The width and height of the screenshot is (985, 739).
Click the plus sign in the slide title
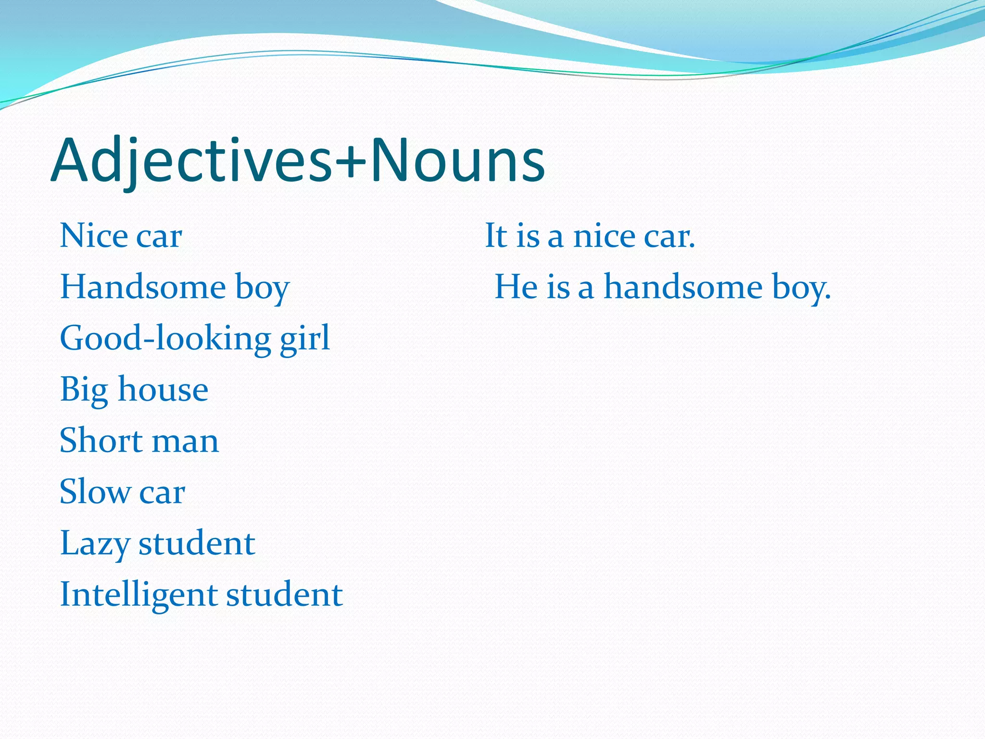[351, 161]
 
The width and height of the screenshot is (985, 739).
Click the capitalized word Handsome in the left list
[143, 287]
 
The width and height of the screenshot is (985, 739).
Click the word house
[163, 389]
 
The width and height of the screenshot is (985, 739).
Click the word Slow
[95, 492]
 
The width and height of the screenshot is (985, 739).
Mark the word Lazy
[95, 544]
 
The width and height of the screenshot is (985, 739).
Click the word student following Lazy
[197, 543]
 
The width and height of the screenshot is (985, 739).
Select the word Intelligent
[138, 595]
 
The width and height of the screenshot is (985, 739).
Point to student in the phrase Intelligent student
[284, 594]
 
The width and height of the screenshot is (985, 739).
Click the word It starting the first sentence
[496, 236]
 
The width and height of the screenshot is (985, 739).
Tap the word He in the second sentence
[516, 287]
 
